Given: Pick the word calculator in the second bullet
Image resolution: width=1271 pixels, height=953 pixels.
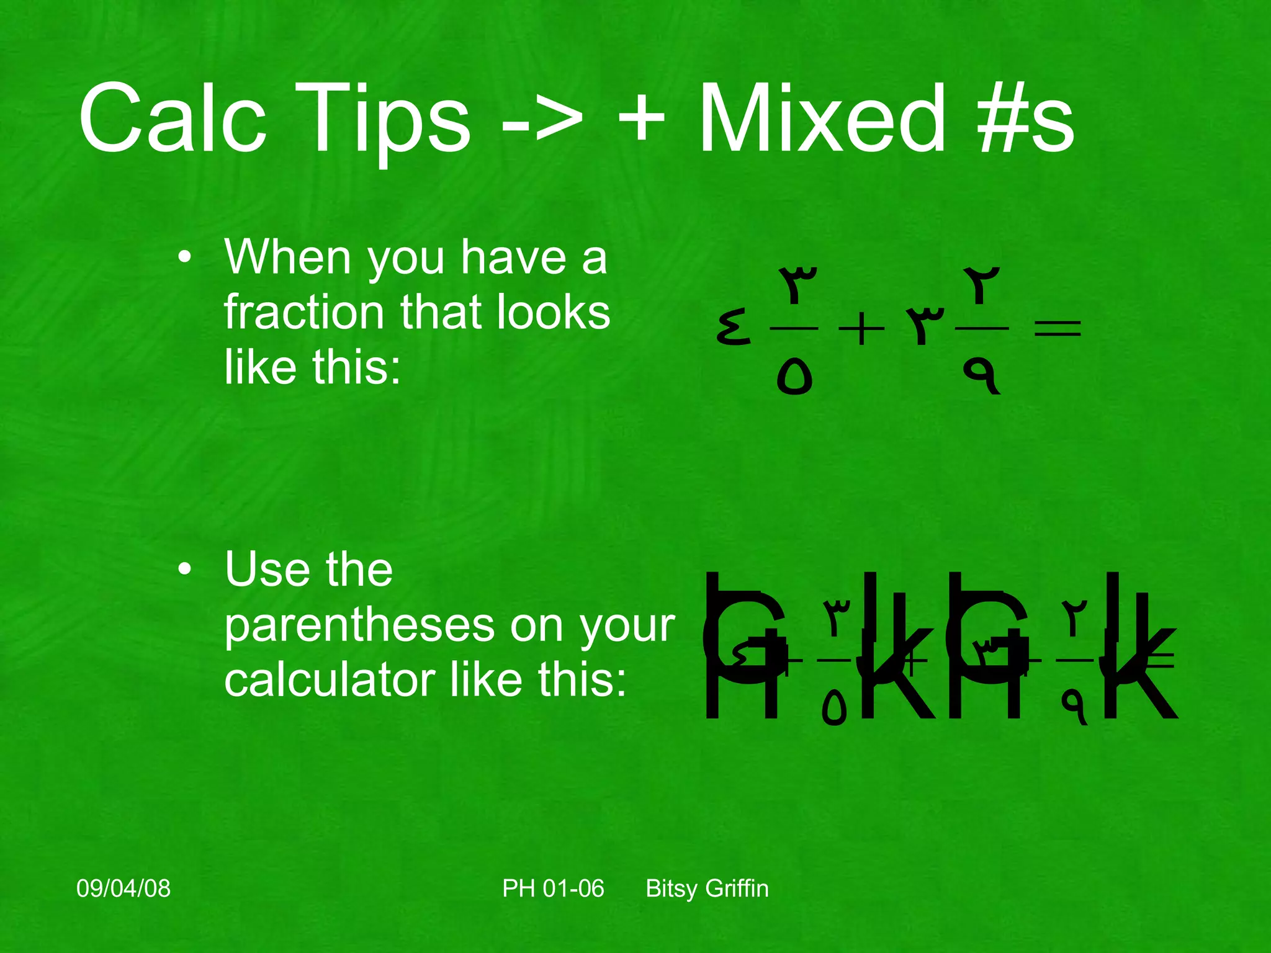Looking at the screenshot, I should click(329, 680).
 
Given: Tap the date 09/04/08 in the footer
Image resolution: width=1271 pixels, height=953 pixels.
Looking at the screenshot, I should click(124, 888).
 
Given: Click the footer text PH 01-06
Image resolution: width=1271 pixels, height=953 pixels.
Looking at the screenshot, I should click(553, 888).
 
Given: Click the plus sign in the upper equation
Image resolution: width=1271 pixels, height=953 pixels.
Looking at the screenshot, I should click(861, 329).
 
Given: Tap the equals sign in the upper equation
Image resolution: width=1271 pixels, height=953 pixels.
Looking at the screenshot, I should click(1058, 328).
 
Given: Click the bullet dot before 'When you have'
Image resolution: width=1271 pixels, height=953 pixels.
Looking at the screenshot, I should click(184, 257).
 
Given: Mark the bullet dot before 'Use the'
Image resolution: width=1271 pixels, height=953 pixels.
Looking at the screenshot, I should click(184, 570).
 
